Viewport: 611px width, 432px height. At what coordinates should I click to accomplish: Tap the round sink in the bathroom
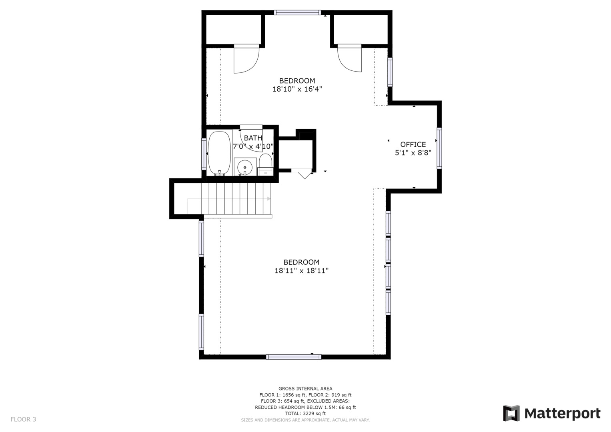[244, 167]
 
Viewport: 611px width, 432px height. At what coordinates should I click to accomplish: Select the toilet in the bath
[265, 164]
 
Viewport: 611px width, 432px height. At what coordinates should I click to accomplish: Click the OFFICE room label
[413, 144]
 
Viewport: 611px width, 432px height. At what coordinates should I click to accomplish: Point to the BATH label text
[253, 138]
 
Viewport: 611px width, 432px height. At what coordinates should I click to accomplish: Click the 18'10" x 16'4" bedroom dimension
[297, 89]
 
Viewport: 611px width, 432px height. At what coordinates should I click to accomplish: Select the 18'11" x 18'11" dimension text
[301, 271]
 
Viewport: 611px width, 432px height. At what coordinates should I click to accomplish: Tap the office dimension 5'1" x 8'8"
[413, 153]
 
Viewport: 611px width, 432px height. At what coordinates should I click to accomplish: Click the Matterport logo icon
[511, 413]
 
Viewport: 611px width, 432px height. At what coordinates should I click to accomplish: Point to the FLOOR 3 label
[23, 420]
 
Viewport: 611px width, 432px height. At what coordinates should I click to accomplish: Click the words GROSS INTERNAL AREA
[305, 388]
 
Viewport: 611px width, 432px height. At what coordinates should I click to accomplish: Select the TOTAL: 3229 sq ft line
[305, 414]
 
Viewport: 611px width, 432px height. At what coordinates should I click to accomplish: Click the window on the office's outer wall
[439, 148]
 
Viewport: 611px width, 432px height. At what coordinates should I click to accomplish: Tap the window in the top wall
[297, 12]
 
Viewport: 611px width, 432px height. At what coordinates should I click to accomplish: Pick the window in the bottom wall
[294, 357]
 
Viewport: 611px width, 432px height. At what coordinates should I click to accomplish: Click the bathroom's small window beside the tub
[204, 154]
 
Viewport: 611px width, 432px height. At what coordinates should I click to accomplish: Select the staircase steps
[236, 198]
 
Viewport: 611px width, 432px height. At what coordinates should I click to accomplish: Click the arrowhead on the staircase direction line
[269, 198]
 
